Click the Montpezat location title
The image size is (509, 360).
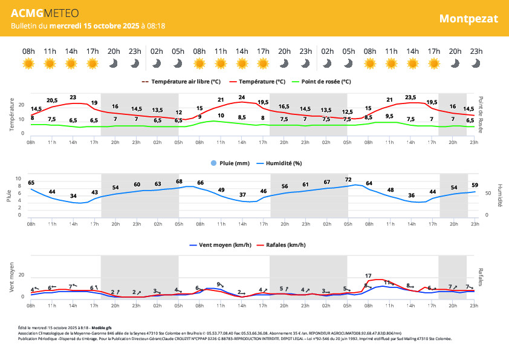click(468, 18)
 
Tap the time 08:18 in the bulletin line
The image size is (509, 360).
click(155, 26)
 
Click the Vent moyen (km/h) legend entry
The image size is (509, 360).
click(221, 245)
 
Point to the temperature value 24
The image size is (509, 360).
click(242, 97)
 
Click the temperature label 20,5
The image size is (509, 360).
click(52, 100)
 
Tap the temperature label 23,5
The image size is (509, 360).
click(411, 97)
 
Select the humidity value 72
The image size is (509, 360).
click(348, 180)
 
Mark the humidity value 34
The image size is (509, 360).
click(73, 196)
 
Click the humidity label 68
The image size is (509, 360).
click(179, 182)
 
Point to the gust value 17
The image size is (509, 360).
click(368, 276)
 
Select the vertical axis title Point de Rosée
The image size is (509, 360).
click(481, 114)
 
